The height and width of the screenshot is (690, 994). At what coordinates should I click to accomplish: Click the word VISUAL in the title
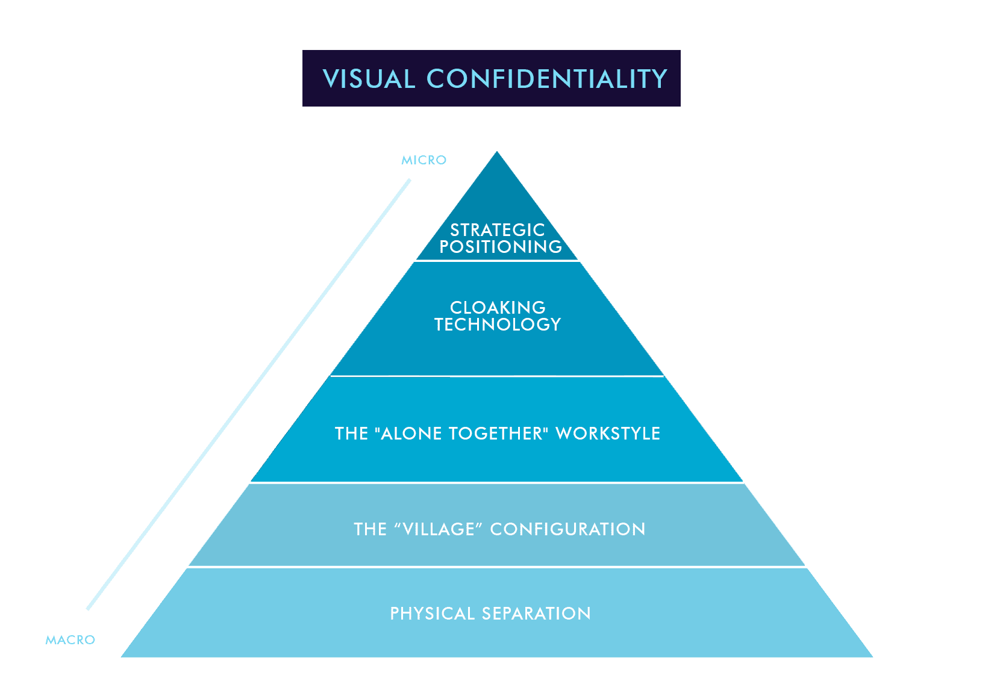(x=369, y=79)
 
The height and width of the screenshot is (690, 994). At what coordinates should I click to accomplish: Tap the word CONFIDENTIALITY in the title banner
(x=546, y=79)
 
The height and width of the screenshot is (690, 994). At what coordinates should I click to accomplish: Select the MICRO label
(x=424, y=160)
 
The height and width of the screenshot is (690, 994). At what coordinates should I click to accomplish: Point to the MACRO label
(x=70, y=640)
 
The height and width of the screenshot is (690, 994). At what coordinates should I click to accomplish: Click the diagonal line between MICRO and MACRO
(x=249, y=394)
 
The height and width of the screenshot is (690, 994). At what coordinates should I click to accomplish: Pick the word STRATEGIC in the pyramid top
(x=498, y=230)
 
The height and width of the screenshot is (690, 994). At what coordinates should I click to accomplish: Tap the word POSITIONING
(x=501, y=247)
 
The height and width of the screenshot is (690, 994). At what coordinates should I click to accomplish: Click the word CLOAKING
(x=498, y=308)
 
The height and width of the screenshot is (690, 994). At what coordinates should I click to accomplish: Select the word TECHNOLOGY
(x=498, y=325)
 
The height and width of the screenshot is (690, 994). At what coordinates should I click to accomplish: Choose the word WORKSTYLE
(x=608, y=434)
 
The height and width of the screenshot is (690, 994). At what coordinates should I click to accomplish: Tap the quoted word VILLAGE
(x=439, y=529)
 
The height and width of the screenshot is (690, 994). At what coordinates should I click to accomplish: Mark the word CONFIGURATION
(x=567, y=529)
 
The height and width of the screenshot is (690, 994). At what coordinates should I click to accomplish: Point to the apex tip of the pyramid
(x=497, y=153)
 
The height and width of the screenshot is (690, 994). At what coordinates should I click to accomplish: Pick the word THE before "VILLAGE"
(x=370, y=529)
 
